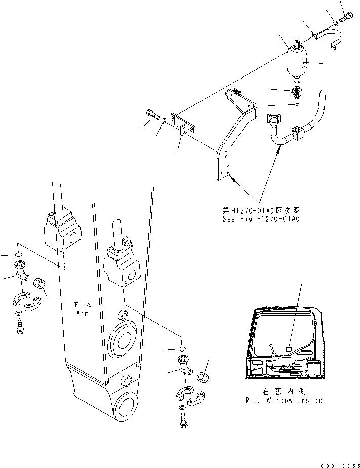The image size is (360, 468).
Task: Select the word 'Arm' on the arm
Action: pyautogui.click(x=82, y=314)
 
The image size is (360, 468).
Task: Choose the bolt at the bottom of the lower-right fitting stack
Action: pyautogui.click(x=183, y=420)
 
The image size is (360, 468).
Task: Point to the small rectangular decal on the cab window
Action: pyautogui.click(x=289, y=348)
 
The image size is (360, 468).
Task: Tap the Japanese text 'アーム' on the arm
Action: pyautogui.click(x=82, y=305)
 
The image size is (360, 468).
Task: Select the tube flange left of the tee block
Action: pyautogui.click(x=273, y=120)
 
